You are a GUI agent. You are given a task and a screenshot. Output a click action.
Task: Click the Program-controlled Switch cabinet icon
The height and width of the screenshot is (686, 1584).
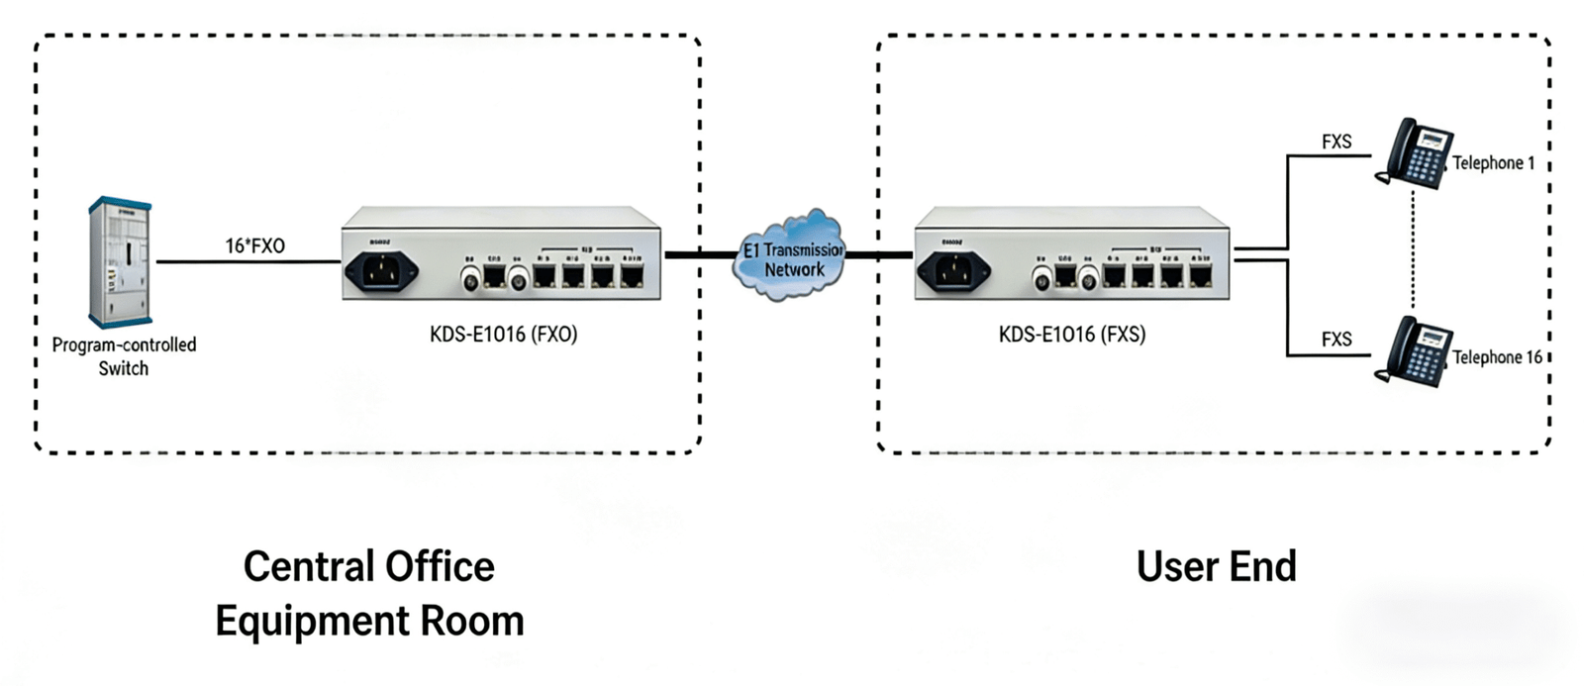pyautogui.click(x=120, y=262)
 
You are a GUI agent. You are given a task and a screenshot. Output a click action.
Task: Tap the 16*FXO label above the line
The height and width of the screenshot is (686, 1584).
pyautogui.click(x=254, y=245)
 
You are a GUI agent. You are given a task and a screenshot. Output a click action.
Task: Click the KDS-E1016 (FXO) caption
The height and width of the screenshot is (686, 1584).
pyautogui.click(x=503, y=334)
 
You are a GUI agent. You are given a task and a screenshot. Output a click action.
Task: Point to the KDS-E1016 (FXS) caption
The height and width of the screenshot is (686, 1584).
pyautogui.click(x=1072, y=334)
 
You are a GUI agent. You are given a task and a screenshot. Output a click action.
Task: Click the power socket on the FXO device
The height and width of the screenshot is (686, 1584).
pyautogui.click(x=380, y=270)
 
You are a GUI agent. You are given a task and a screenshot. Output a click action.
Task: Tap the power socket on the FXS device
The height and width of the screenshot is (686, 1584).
pyautogui.click(x=952, y=270)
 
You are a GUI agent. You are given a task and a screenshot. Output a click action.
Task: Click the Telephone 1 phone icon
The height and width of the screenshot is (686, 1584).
pyautogui.click(x=1413, y=152)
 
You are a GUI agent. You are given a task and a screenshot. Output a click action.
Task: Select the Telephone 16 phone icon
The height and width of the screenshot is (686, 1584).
pyautogui.click(x=1413, y=350)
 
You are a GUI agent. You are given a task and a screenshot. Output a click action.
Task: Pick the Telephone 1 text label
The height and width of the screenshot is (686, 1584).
pyautogui.click(x=1493, y=163)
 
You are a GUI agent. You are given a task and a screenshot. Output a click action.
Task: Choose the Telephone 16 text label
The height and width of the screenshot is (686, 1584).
pyautogui.click(x=1497, y=357)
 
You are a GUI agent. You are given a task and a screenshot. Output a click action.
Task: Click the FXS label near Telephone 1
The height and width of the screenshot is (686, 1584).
pyautogui.click(x=1336, y=142)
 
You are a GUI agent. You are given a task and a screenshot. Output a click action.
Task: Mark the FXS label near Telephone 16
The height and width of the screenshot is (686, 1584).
pyautogui.click(x=1336, y=340)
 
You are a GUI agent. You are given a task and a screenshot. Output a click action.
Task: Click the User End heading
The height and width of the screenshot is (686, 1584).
pyautogui.click(x=1216, y=567)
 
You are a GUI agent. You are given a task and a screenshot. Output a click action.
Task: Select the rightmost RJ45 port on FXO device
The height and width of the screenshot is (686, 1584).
pyautogui.click(x=632, y=274)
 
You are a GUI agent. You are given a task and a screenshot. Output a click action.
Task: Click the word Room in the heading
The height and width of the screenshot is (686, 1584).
pyautogui.click(x=472, y=622)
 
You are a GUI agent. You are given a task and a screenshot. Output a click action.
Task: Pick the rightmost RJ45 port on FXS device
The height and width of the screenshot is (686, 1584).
pyautogui.click(x=1201, y=274)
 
